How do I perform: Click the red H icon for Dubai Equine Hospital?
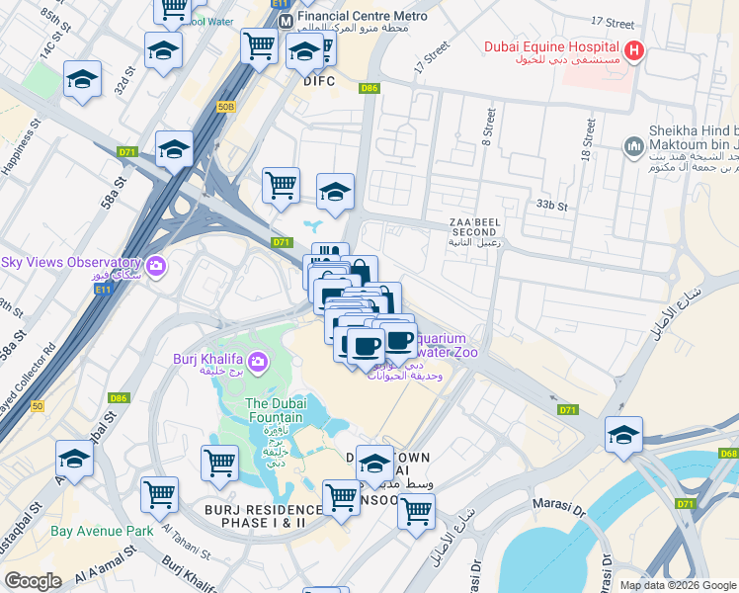(634, 50)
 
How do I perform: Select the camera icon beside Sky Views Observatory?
(155, 266)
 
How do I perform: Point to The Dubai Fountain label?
(276, 410)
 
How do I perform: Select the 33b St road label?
(553, 206)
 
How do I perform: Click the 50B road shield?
(226, 106)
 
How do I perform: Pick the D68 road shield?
(729, 454)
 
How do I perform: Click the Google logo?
(34, 581)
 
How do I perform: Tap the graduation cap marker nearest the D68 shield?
(623, 435)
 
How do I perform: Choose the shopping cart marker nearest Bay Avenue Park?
(159, 495)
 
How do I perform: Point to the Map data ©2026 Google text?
(677, 584)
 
